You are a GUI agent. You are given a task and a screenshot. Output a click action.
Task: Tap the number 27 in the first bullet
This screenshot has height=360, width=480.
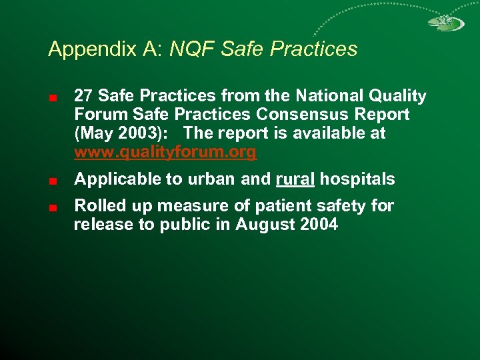point(83,97)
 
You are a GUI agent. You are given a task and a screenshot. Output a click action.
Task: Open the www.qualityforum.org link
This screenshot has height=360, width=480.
point(165,153)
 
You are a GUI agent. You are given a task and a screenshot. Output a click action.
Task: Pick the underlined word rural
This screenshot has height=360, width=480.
point(295,179)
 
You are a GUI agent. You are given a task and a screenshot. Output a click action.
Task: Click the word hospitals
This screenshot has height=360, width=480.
point(357,179)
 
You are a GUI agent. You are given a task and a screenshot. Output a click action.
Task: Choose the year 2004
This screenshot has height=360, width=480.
point(319,225)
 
